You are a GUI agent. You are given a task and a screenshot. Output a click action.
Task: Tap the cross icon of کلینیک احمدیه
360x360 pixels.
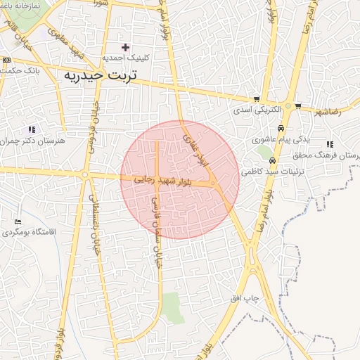click(x=126, y=48)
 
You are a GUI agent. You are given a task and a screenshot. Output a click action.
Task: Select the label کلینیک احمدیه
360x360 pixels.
click(x=125, y=58)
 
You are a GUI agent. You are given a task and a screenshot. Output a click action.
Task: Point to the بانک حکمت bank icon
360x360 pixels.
click(x=6, y=60)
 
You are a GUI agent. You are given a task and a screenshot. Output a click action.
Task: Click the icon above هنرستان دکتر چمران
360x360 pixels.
click(x=31, y=129)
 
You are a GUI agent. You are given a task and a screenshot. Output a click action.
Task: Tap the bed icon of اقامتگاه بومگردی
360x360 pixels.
click(x=18, y=222)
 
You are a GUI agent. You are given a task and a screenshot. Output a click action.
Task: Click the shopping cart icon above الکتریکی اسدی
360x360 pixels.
click(x=257, y=99)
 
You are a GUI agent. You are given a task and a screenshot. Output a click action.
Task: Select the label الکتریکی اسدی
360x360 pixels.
click(x=258, y=110)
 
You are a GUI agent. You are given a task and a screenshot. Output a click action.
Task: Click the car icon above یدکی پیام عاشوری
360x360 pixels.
click(x=281, y=129)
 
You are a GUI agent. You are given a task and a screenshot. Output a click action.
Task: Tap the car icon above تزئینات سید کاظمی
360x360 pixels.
click(x=283, y=160)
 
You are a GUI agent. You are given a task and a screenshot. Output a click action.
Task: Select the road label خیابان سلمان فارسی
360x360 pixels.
click(x=155, y=225)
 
